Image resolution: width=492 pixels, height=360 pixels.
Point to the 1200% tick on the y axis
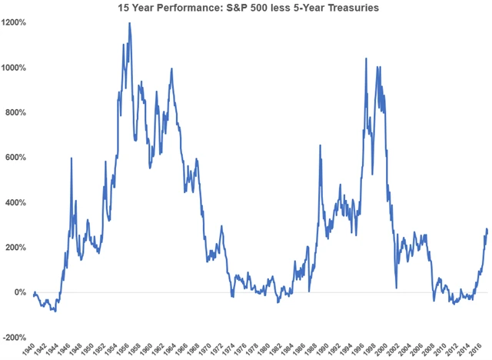[15, 23]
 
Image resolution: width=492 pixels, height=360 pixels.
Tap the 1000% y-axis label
[15, 68]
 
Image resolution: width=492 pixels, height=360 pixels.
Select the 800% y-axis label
[16, 113]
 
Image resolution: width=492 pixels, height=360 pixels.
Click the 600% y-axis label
[16, 158]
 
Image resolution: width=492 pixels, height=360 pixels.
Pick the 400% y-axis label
[16, 203]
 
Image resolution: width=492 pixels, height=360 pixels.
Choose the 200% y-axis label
[16, 248]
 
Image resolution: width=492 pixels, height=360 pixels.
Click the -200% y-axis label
[15, 338]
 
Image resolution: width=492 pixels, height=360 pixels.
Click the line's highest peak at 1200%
[129, 23]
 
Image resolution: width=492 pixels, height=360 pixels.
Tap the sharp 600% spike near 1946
[71, 158]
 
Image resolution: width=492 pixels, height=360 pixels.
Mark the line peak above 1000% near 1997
[366, 59]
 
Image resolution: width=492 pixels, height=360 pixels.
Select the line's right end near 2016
[487, 231]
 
